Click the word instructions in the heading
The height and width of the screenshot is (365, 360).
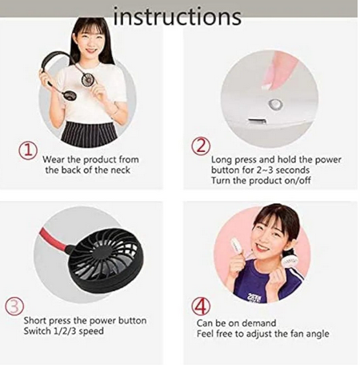coord(178,17)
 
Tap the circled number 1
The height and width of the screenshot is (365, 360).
coord(28,151)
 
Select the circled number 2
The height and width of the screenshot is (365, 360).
coord(201,146)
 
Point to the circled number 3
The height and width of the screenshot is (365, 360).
coord(14,307)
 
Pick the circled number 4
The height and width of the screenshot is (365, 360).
coord(201,307)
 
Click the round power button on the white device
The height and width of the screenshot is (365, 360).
coord(275,104)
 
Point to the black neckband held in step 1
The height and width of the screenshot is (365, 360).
coord(55,58)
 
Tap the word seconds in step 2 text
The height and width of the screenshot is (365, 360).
coord(293,170)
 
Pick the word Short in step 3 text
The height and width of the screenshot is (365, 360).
coord(35,321)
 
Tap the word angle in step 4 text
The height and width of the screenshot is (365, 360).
coord(318,335)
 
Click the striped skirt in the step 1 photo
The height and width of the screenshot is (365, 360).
coord(89,134)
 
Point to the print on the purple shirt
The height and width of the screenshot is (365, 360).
coord(255,298)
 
